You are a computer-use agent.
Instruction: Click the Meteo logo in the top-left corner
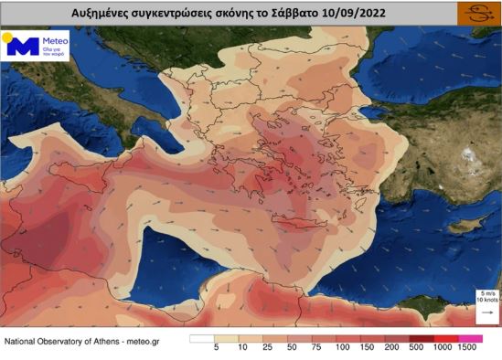click(x=36, y=47)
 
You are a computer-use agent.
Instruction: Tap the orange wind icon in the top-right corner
click(x=475, y=13)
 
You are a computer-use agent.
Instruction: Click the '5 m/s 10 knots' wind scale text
click(x=486, y=296)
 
